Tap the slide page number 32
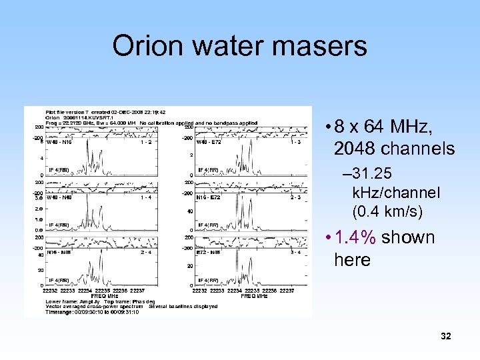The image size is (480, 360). point(446,337)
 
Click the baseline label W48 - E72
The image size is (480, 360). point(209,141)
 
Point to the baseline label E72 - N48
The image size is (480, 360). point(209,253)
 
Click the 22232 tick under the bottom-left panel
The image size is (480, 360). point(49,291)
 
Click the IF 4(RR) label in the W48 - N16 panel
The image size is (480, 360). point(59,170)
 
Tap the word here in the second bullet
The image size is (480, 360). point(352,260)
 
